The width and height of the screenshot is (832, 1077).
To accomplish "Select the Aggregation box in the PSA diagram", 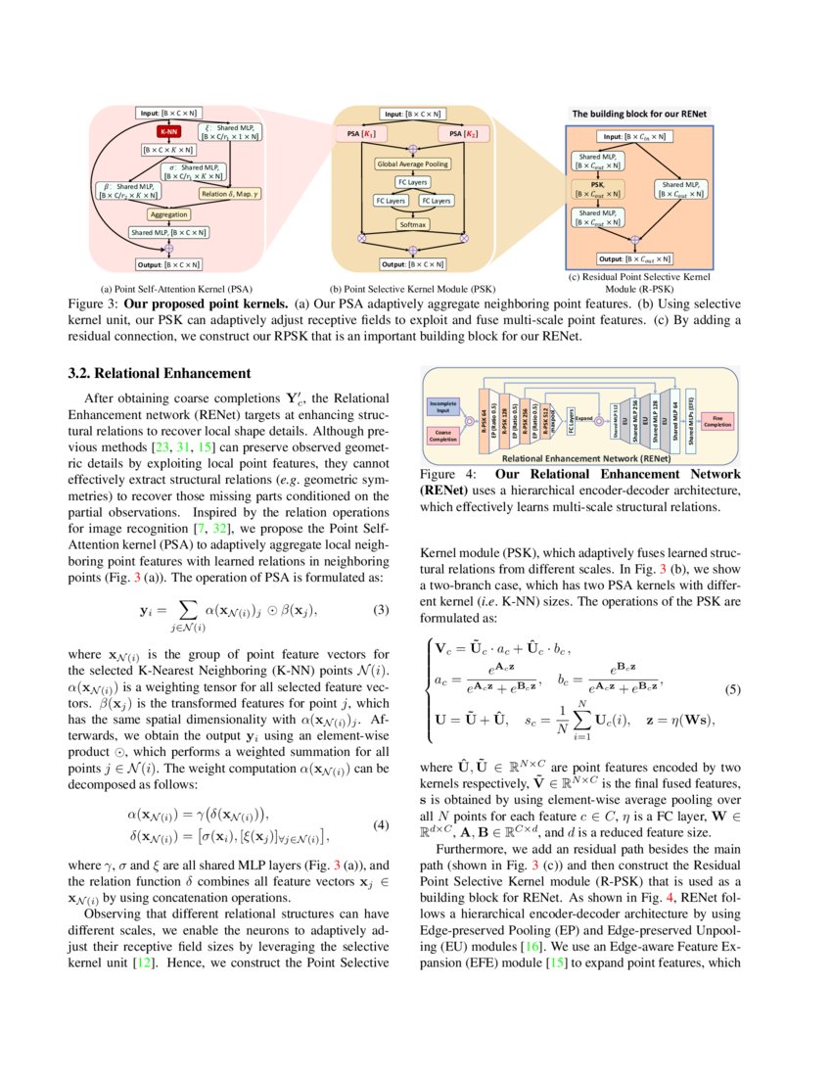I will click(x=168, y=213).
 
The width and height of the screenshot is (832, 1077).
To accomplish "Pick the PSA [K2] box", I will click(x=462, y=131).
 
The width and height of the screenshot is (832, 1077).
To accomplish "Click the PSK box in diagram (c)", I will click(x=597, y=187).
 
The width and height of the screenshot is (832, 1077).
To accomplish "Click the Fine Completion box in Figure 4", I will click(x=716, y=420).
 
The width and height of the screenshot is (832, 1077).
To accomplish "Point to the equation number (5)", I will click(x=731, y=690).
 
